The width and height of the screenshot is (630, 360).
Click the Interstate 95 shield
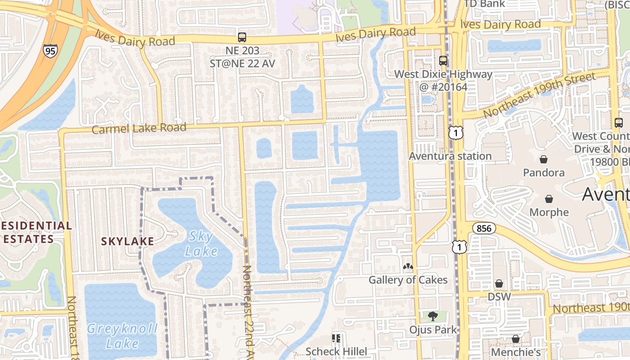point(50,51)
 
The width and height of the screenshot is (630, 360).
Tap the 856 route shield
point(484,228)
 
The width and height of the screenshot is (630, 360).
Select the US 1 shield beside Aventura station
point(455,132)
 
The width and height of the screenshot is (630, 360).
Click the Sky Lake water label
point(201,243)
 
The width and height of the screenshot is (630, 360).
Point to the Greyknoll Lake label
point(122,336)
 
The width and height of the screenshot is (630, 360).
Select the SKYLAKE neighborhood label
point(127,241)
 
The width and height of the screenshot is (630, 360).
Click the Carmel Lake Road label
point(139,128)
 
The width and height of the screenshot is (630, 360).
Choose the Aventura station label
point(450,156)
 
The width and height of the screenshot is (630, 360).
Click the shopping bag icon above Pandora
point(544,159)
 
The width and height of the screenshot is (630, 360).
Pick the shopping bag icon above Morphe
point(549,199)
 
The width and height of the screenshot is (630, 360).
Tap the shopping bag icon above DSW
point(499,283)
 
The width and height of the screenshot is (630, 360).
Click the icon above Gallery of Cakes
point(408,267)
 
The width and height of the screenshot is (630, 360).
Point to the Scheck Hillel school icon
point(336,338)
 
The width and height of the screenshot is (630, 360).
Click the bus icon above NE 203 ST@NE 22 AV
point(242,37)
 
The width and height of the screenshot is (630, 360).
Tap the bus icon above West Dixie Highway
point(443,60)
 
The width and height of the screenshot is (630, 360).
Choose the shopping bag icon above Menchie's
point(516,338)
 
